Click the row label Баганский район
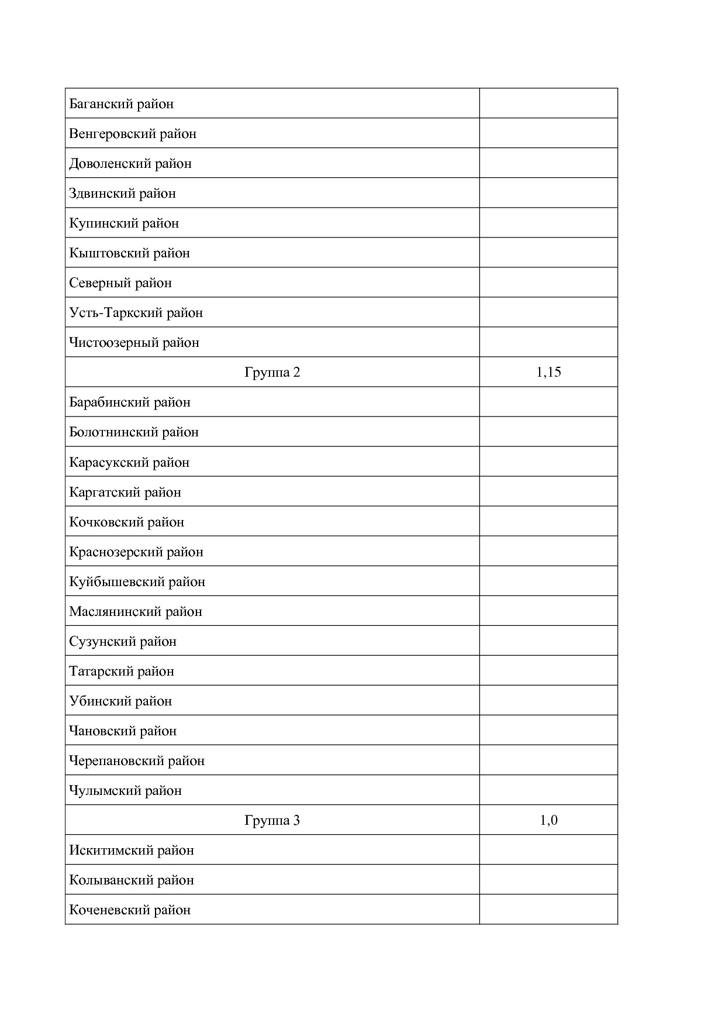(x=122, y=104)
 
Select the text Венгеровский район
(x=133, y=134)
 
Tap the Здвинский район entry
(x=122, y=194)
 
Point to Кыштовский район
(x=129, y=253)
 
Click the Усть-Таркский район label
(x=136, y=313)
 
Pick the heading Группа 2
(x=272, y=372)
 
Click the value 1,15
(x=548, y=372)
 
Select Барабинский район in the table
(x=130, y=402)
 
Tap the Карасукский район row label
(x=129, y=463)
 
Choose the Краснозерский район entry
(x=136, y=552)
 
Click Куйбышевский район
(x=137, y=582)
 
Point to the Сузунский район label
(x=123, y=642)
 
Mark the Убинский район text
(x=120, y=701)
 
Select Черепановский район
(x=137, y=761)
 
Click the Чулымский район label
(x=126, y=791)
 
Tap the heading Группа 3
(x=272, y=820)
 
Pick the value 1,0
(x=548, y=820)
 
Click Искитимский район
(x=132, y=851)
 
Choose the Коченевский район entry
(x=130, y=910)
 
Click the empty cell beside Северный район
(x=548, y=283)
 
